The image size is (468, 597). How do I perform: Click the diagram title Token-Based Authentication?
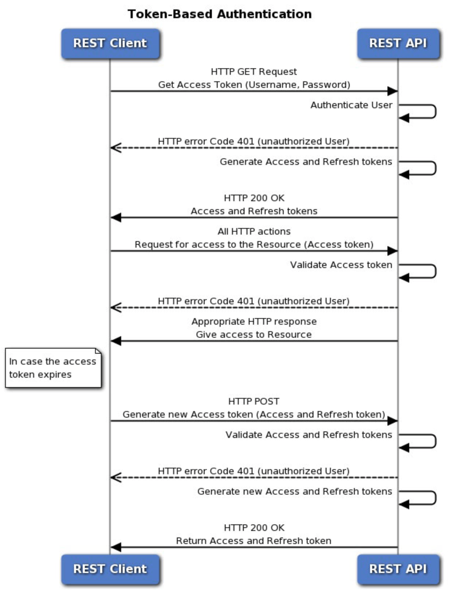219,14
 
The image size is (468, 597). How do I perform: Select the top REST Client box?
110,43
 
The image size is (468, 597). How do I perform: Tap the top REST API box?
398,43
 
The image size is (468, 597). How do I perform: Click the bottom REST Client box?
110,569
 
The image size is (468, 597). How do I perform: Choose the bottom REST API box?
398,569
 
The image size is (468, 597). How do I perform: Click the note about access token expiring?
53,368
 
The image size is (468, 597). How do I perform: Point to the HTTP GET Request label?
254,72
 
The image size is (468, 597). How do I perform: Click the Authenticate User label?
351,105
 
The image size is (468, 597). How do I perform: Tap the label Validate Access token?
341,265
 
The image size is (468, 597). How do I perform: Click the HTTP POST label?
254,401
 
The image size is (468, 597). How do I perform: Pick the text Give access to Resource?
254,334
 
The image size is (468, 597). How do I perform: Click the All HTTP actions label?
254,231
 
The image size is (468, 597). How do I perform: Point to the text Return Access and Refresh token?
254,541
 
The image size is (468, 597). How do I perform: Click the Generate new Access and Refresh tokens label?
295,491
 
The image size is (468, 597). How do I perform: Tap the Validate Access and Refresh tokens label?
309,435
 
